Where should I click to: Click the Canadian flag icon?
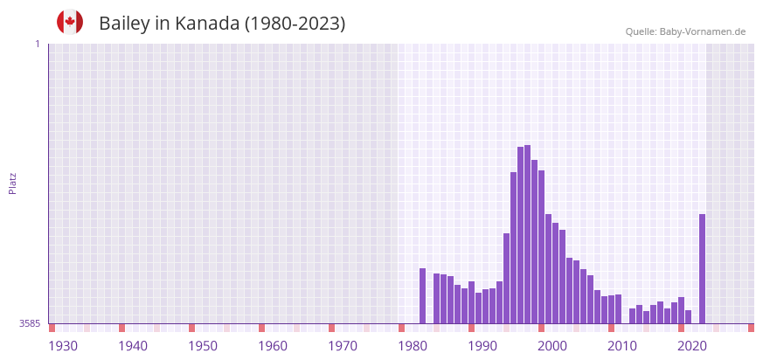(x=70, y=22)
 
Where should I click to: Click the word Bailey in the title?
(x=124, y=24)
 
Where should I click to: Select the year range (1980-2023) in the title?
(x=295, y=24)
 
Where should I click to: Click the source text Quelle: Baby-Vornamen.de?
(x=685, y=31)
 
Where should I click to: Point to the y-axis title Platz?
(x=12, y=183)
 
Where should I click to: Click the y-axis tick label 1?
(x=38, y=44)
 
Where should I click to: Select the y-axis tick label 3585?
(x=30, y=323)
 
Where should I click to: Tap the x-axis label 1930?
(x=63, y=346)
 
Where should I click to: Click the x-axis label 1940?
(x=133, y=346)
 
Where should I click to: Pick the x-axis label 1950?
(x=203, y=346)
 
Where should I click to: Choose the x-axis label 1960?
(x=273, y=346)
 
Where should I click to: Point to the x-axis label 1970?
(x=343, y=346)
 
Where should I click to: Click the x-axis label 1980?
(x=413, y=346)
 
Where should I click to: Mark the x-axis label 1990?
(x=482, y=346)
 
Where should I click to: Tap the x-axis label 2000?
(x=552, y=346)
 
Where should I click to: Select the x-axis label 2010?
(x=622, y=346)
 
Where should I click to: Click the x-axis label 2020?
(x=692, y=346)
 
